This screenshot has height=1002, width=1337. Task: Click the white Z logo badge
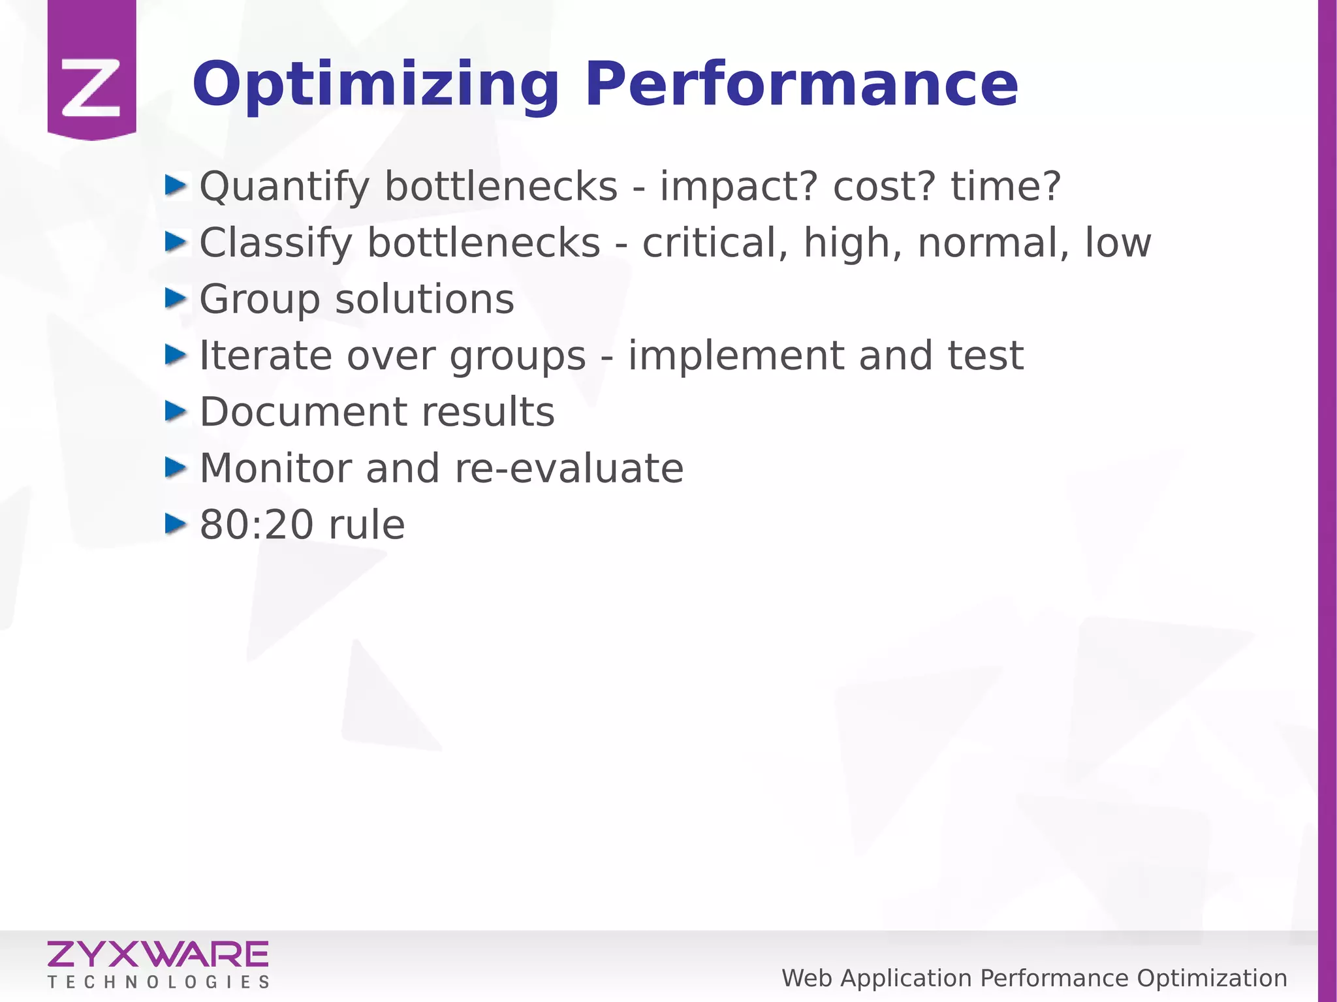91,87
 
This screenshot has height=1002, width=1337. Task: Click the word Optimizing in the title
375,85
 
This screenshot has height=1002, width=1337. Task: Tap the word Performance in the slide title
801,85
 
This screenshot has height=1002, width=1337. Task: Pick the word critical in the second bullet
715,243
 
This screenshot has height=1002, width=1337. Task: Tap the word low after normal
1118,243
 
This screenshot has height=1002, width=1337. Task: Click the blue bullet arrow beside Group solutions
176,299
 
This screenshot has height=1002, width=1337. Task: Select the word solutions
424,300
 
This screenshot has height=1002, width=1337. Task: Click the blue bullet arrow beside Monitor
176,467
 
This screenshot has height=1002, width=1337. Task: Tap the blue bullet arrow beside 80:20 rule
176,524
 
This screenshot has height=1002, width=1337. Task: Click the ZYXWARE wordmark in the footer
157,954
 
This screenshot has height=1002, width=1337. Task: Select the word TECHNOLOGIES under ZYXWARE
158,982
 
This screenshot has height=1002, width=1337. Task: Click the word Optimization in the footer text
1212,979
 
